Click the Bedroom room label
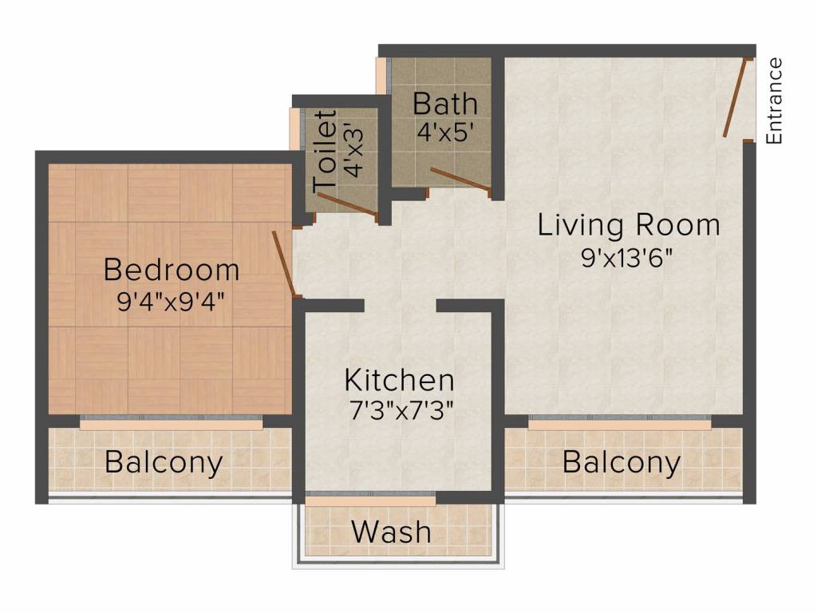pyautogui.click(x=172, y=270)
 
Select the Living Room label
pyautogui.click(x=629, y=225)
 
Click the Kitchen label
pyautogui.click(x=399, y=381)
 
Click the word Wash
pyautogui.click(x=391, y=532)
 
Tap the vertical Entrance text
pyautogui.click(x=774, y=101)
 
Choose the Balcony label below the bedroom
pyautogui.click(x=164, y=462)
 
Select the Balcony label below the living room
pyautogui.click(x=622, y=462)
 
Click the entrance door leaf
pyautogui.click(x=737, y=97)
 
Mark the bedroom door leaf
pyautogui.click(x=284, y=264)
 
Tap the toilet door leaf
pyautogui.click(x=348, y=205)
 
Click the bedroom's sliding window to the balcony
pyautogui.click(x=172, y=422)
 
